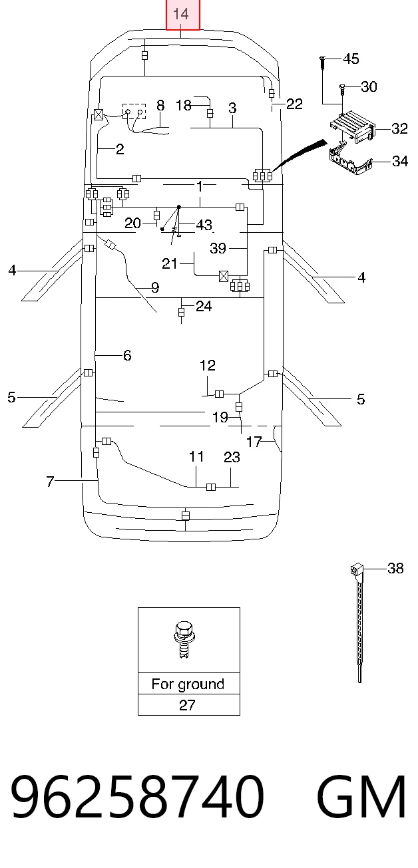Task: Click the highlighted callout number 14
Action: click(180, 14)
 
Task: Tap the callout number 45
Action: click(351, 59)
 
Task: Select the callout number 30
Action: click(369, 86)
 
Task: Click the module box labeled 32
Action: click(353, 127)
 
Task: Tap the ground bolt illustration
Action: click(184, 640)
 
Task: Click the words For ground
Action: click(188, 684)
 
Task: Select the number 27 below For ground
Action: click(187, 705)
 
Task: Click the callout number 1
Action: click(199, 187)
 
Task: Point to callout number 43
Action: click(204, 225)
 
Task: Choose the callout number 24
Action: click(204, 306)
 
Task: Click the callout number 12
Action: click(208, 365)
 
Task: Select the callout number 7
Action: click(50, 482)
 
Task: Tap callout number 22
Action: click(294, 104)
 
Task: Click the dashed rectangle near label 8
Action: click(134, 111)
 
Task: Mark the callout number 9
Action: click(155, 287)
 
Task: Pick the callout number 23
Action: click(232, 457)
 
